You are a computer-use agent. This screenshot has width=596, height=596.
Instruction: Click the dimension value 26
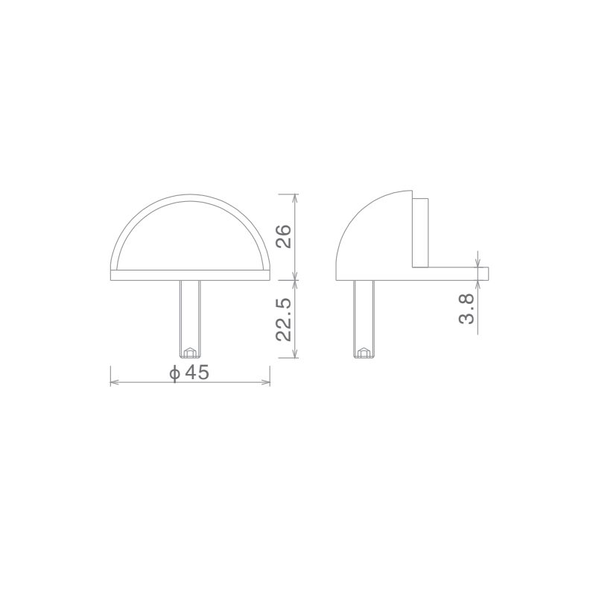pyautogui.click(x=284, y=236)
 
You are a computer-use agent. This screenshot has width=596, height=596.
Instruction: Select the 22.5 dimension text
pyautogui.click(x=284, y=320)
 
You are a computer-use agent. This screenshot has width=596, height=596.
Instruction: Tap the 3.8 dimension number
pyautogui.click(x=467, y=308)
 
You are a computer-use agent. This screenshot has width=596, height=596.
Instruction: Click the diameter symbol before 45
pyautogui.click(x=175, y=373)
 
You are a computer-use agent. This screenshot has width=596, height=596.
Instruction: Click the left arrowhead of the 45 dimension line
pyautogui.click(x=113, y=382)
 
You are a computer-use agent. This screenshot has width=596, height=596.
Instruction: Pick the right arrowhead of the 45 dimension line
pyautogui.click(x=267, y=382)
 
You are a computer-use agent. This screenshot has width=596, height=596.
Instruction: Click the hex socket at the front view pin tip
pyautogui.click(x=189, y=352)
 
